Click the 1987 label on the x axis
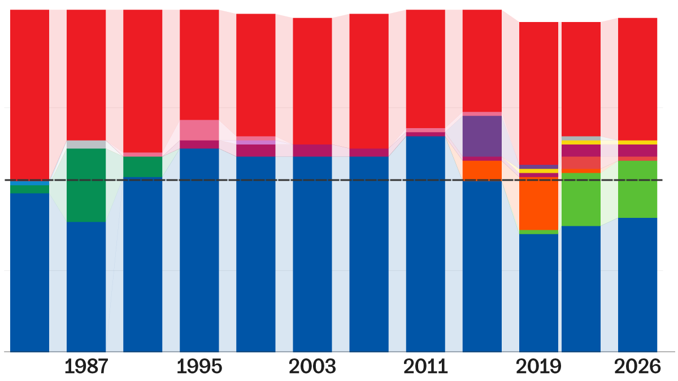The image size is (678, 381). pyautogui.click(x=86, y=367)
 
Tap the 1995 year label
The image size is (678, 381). pyautogui.click(x=199, y=367)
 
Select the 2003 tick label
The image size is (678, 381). pyautogui.click(x=312, y=367)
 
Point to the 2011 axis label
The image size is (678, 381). pyautogui.click(x=425, y=367)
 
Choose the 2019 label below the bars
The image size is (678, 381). pyautogui.click(x=539, y=367)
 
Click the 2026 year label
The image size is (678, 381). pyautogui.click(x=637, y=367)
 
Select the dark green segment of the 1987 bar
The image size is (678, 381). pyautogui.click(x=86, y=185)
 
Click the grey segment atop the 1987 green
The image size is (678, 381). pyautogui.click(x=86, y=144)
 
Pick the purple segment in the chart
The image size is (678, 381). pyautogui.click(x=482, y=136)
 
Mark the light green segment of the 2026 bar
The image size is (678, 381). pyautogui.click(x=637, y=189)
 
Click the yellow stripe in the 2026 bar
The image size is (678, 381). pyautogui.click(x=637, y=142)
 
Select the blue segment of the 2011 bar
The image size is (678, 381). pyautogui.click(x=425, y=243)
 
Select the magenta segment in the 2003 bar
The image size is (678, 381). pyautogui.click(x=312, y=150)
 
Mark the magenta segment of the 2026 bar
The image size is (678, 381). pyautogui.click(x=637, y=151)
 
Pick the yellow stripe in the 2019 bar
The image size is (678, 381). pyautogui.click(x=538, y=170)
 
